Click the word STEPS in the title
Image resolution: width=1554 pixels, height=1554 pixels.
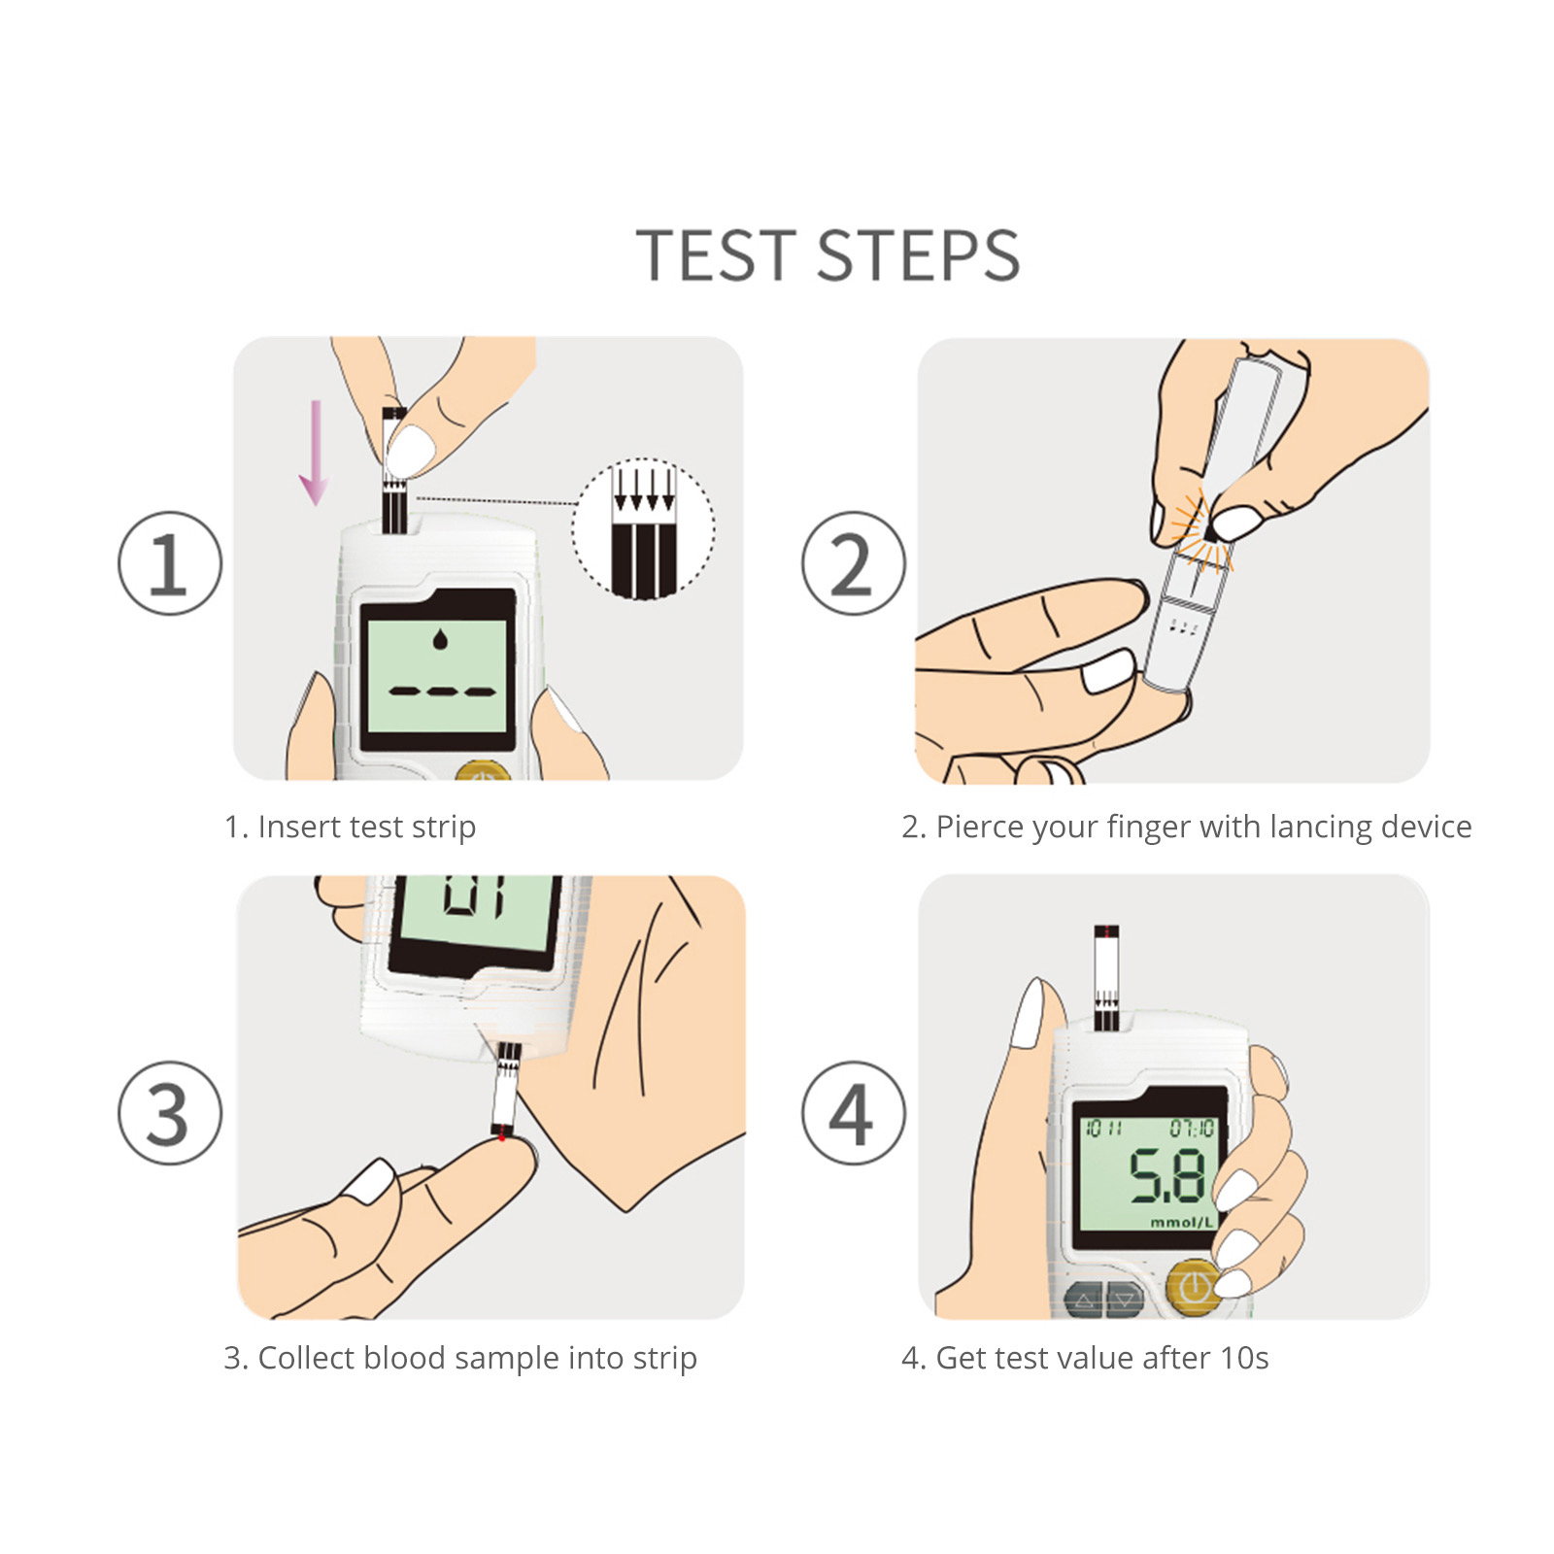pyautogui.click(x=918, y=255)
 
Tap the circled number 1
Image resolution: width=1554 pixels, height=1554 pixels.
pyautogui.click(x=170, y=563)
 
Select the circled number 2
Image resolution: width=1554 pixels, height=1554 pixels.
pyautogui.click(x=853, y=563)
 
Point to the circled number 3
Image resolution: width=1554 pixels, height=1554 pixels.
pyautogui.click(x=170, y=1113)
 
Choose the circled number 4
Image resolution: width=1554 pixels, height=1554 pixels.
pyautogui.click(x=853, y=1113)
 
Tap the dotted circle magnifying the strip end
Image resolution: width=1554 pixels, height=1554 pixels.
pyautogui.click(x=643, y=529)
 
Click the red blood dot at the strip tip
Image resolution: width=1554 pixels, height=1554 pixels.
pyautogui.click(x=501, y=1136)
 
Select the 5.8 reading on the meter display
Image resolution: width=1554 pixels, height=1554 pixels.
pyautogui.click(x=1166, y=1176)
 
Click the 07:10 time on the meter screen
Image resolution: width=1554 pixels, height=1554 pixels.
pyautogui.click(x=1191, y=1129)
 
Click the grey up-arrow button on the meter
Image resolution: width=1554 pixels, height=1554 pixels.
pyautogui.click(x=1084, y=1300)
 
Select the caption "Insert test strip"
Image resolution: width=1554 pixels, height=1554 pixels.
pyautogui.click(x=366, y=827)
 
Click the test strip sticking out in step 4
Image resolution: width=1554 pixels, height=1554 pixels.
pyautogui.click(x=1106, y=976)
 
